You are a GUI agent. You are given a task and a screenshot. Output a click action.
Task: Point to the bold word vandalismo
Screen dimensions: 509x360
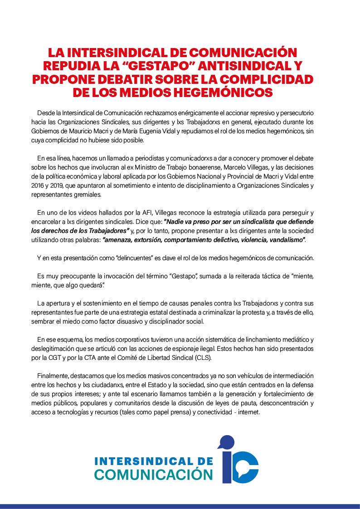(x=283, y=239)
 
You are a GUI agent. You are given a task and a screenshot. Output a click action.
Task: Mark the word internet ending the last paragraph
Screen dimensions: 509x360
(x=248, y=412)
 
